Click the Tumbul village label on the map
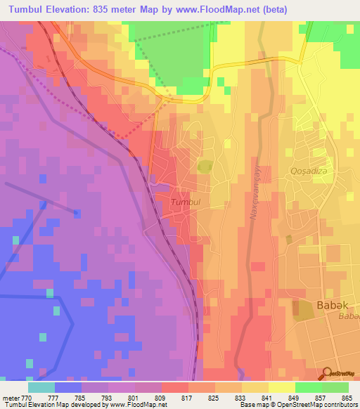(x=186, y=202)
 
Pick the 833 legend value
(x=242, y=397)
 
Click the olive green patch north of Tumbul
(x=205, y=167)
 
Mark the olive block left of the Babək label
(x=303, y=309)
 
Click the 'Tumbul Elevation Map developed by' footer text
(x=49, y=405)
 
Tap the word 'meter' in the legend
(x=12, y=397)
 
